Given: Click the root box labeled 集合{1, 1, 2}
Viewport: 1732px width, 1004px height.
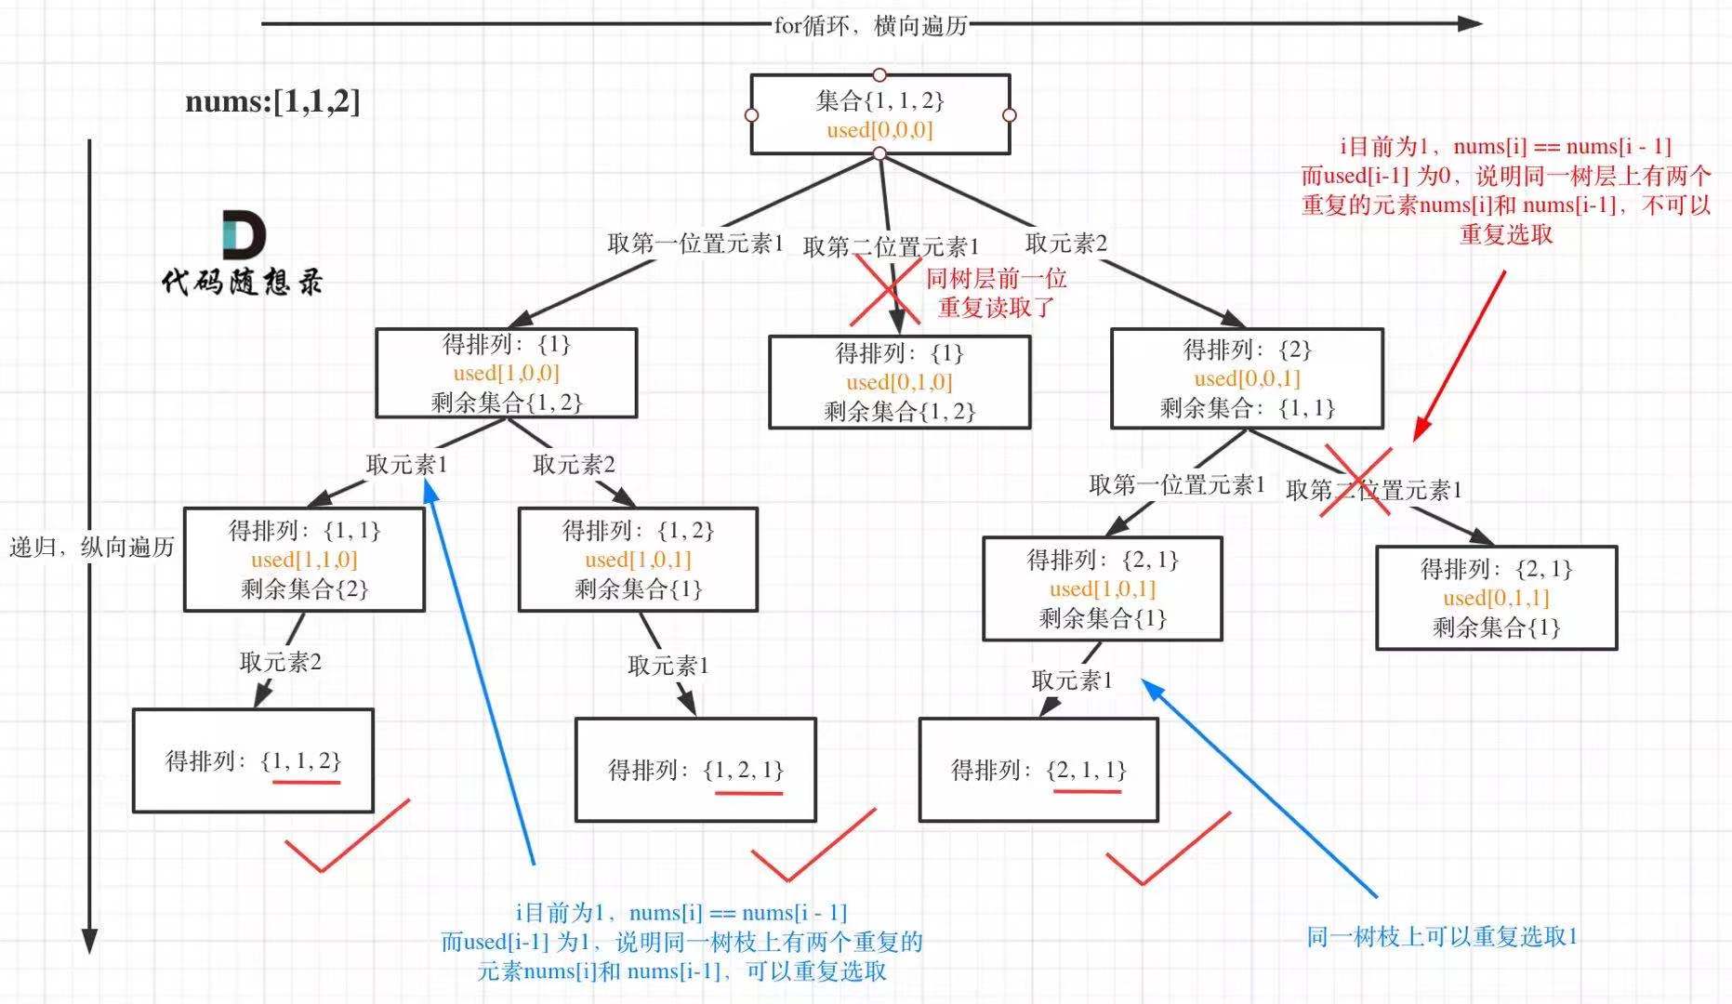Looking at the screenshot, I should [x=879, y=114].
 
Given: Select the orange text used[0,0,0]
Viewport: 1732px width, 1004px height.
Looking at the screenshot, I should [x=879, y=130].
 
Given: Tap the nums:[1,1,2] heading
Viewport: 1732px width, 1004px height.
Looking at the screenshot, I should [x=272, y=100].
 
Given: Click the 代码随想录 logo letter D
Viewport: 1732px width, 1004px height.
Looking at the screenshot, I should [x=244, y=234].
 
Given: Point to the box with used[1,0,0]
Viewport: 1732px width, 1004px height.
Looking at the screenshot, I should [x=506, y=373].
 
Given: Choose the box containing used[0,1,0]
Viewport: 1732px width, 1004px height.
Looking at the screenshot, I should [x=899, y=382].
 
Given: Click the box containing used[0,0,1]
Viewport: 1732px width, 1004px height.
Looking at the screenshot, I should [x=1247, y=378].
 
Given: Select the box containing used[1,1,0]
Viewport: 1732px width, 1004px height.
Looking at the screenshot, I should [x=304, y=560].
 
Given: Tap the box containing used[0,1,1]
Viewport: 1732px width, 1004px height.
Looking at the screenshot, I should [x=1496, y=598].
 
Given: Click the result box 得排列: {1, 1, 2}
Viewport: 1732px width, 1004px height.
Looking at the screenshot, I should [x=253, y=760].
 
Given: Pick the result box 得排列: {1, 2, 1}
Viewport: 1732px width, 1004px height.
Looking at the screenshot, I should [x=695, y=770].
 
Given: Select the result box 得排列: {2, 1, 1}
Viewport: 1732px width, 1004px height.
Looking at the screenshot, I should [x=1038, y=770].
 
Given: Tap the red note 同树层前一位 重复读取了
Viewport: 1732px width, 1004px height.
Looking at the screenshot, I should [x=996, y=293].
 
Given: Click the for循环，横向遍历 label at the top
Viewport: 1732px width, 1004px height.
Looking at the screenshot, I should [x=870, y=25].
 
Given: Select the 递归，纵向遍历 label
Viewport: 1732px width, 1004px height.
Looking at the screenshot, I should [x=92, y=547].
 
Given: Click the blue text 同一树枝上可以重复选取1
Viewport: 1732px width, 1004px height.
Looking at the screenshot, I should [x=1442, y=936].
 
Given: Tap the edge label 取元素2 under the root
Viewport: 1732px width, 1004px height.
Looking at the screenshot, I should [x=1065, y=244].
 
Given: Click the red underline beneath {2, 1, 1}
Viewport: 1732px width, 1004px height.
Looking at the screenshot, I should [x=1087, y=791].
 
